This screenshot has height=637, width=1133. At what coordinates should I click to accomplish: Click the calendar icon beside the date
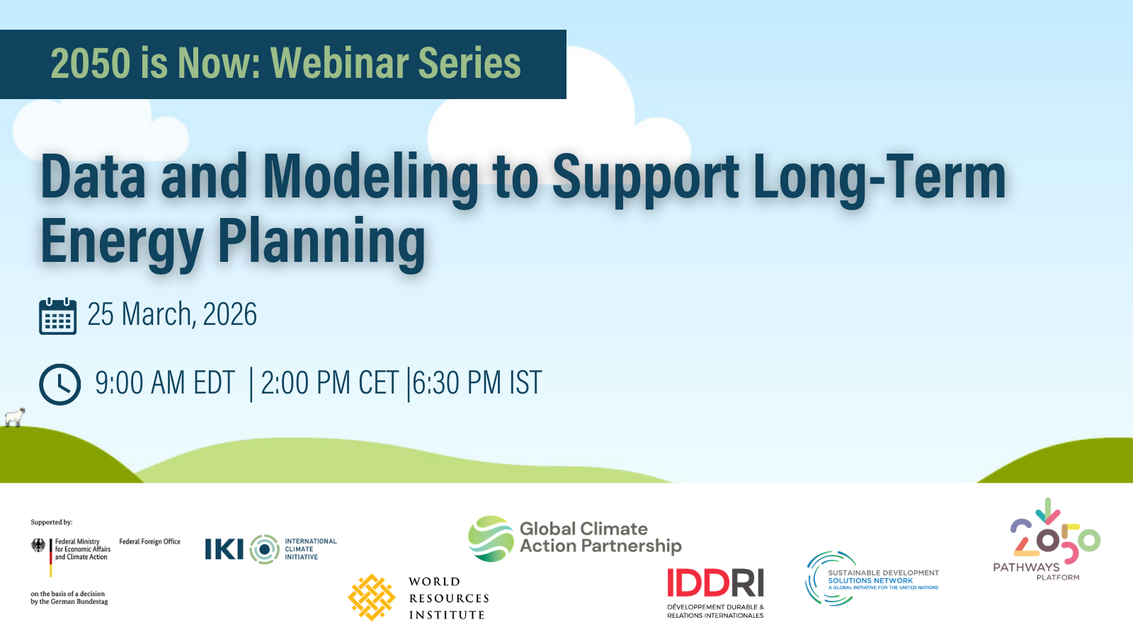click(x=57, y=316)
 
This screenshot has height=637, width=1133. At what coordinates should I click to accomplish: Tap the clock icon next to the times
click(x=59, y=384)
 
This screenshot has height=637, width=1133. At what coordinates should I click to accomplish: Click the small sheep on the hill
click(x=15, y=417)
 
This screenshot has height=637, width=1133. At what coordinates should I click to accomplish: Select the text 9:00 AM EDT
click(x=165, y=383)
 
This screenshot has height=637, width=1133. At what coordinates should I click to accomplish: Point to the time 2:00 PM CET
click(x=330, y=383)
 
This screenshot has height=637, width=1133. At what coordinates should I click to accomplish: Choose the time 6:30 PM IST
click(x=477, y=383)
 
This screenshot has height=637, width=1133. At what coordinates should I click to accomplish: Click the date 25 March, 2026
click(x=172, y=314)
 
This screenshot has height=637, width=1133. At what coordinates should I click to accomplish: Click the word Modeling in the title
click(x=370, y=178)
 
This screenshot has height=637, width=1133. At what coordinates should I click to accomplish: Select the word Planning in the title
click(x=321, y=241)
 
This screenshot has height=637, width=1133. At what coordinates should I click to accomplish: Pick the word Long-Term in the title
click(x=879, y=178)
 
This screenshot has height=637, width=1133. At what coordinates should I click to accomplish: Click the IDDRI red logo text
click(x=715, y=583)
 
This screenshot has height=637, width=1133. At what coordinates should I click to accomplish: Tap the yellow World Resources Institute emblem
click(x=372, y=597)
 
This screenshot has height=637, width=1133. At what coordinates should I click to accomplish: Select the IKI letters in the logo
click(x=224, y=549)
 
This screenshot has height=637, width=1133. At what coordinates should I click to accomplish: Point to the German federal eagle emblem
click(x=38, y=546)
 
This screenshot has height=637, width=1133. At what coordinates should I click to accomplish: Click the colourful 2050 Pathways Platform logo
click(x=1047, y=539)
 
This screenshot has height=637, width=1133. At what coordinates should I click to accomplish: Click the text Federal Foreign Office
click(x=149, y=541)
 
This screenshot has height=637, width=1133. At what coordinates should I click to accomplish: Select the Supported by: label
click(x=52, y=522)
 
